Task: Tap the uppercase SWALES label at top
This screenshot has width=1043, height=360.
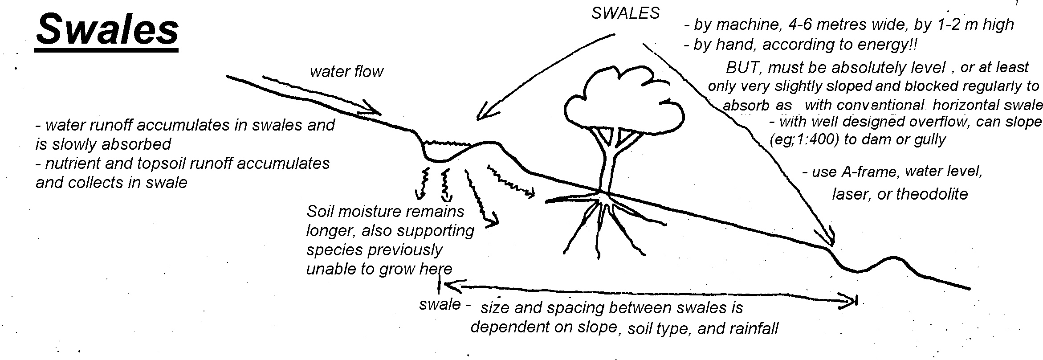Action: click(x=625, y=13)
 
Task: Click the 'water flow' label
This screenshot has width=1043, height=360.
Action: click(x=346, y=72)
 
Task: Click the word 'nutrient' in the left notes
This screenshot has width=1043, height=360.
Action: click(x=71, y=164)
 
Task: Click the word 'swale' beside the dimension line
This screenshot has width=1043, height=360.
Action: click(x=440, y=304)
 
